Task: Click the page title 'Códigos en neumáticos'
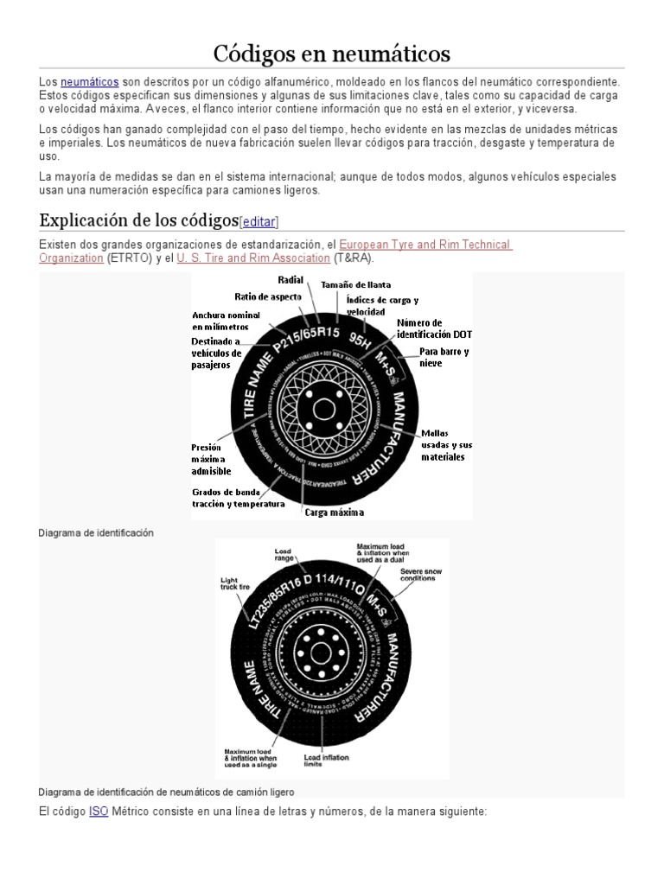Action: click(332, 54)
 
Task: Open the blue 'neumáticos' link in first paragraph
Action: click(90, 81)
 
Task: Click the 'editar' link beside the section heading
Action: click(259, 220)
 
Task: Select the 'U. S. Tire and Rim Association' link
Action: click(253, 258)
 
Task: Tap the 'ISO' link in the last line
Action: click(99, 812)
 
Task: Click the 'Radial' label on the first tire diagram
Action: click(290, 280)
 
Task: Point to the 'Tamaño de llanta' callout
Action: click(355, 284)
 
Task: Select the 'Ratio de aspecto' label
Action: click(268, 296)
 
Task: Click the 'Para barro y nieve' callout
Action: click(444, 358)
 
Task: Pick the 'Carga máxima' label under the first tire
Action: click(334, 512)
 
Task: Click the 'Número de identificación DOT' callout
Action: click(434, 328)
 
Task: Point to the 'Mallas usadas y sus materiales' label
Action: click(446, 444)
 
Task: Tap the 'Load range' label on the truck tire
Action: click(284, 555)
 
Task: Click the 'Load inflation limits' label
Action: click(327, 761)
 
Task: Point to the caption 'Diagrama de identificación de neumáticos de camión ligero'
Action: click(167, 792)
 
